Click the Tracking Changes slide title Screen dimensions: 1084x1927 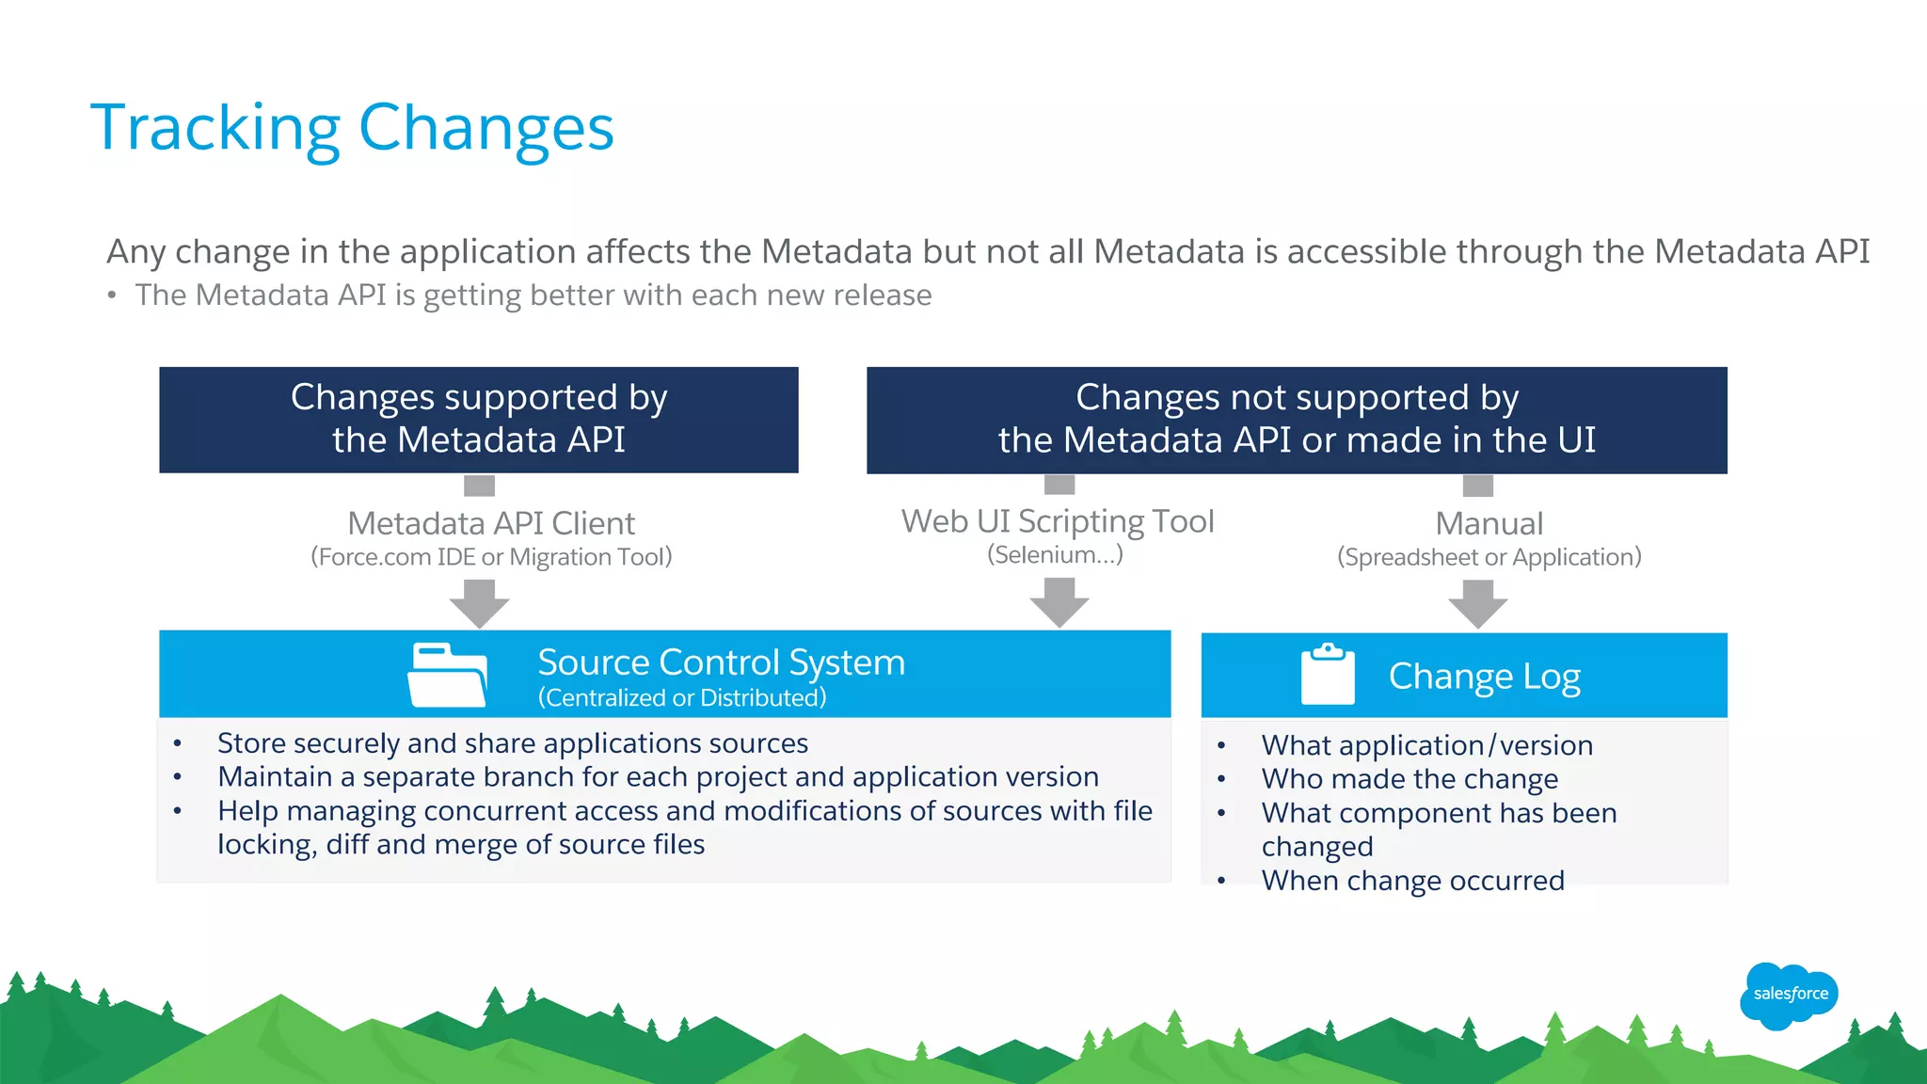[352, 128]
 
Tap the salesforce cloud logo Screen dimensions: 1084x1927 [1790, 994]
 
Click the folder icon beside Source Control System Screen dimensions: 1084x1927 [447, 675]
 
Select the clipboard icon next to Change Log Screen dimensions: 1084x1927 [1328, 675]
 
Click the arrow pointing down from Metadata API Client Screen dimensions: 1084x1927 [479, 603]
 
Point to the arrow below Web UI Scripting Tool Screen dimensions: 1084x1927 [1059, 602]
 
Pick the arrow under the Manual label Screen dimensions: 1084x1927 [1478, 603]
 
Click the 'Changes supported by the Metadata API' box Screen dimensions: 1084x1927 [479, 420]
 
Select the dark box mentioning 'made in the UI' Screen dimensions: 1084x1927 [1297, 420]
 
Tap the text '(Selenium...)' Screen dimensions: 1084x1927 [1055, 555]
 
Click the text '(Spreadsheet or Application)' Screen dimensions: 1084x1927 [1489, 557]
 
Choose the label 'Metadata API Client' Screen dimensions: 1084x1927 [491, 523]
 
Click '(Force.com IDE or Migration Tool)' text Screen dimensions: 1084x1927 [491, 557]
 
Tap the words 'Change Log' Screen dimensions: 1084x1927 [1484, 677]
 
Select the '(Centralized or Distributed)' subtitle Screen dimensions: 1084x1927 [682, 698]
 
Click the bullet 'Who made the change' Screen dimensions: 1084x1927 [1409, 779]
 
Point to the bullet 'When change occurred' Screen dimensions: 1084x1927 [1412, 881]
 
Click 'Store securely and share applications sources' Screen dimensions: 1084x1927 [513, 743]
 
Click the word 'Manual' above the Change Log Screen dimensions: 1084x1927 [1489, 523]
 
